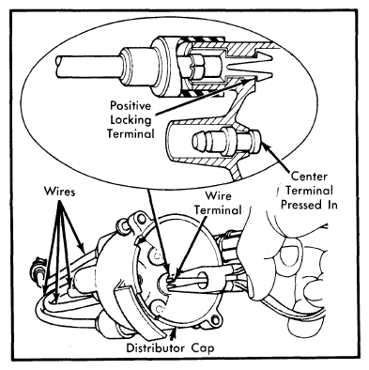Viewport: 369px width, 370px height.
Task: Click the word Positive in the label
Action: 131,106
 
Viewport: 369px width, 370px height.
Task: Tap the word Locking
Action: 131,120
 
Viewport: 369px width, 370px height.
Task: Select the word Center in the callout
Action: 309,177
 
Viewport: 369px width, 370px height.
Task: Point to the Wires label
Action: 60,191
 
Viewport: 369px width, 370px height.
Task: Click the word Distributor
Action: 156,347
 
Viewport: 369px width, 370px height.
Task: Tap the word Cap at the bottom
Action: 203,348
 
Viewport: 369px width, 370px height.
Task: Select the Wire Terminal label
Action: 218,203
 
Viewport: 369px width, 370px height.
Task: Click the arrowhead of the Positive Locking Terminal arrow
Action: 245,82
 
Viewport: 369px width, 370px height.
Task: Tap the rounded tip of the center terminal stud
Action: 197,142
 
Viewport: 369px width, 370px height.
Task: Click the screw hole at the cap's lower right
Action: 215,320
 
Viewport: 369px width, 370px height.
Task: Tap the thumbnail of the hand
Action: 288,256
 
